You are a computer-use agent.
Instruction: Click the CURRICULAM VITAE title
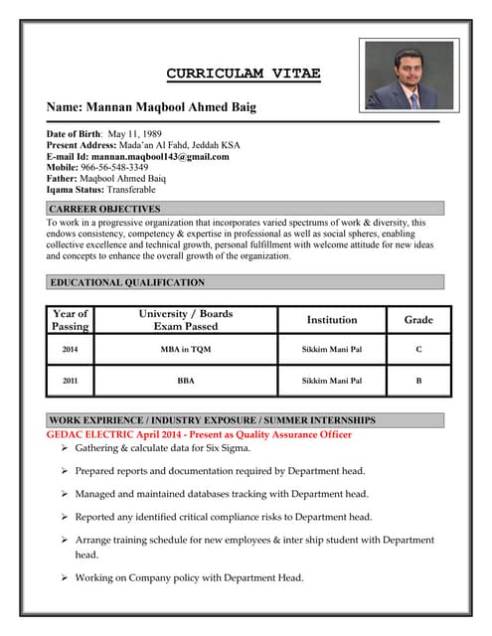point(244,74)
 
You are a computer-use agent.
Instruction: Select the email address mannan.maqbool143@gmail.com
point(167,156)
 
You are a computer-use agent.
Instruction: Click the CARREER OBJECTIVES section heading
point(104,209)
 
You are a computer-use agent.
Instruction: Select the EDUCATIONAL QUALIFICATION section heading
point(127,282)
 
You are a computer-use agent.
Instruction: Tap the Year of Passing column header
point(70,320)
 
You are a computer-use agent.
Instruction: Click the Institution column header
point(332,320)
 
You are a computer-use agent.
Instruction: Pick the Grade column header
point(418,320)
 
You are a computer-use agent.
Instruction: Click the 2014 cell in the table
point(70,350)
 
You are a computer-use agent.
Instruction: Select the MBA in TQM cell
point(185,350)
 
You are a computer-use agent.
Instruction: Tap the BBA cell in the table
point(185,381)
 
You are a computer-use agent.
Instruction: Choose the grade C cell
point(418,350)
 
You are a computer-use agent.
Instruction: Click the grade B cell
point(418,381)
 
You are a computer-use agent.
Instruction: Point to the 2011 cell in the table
point(70,381)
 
